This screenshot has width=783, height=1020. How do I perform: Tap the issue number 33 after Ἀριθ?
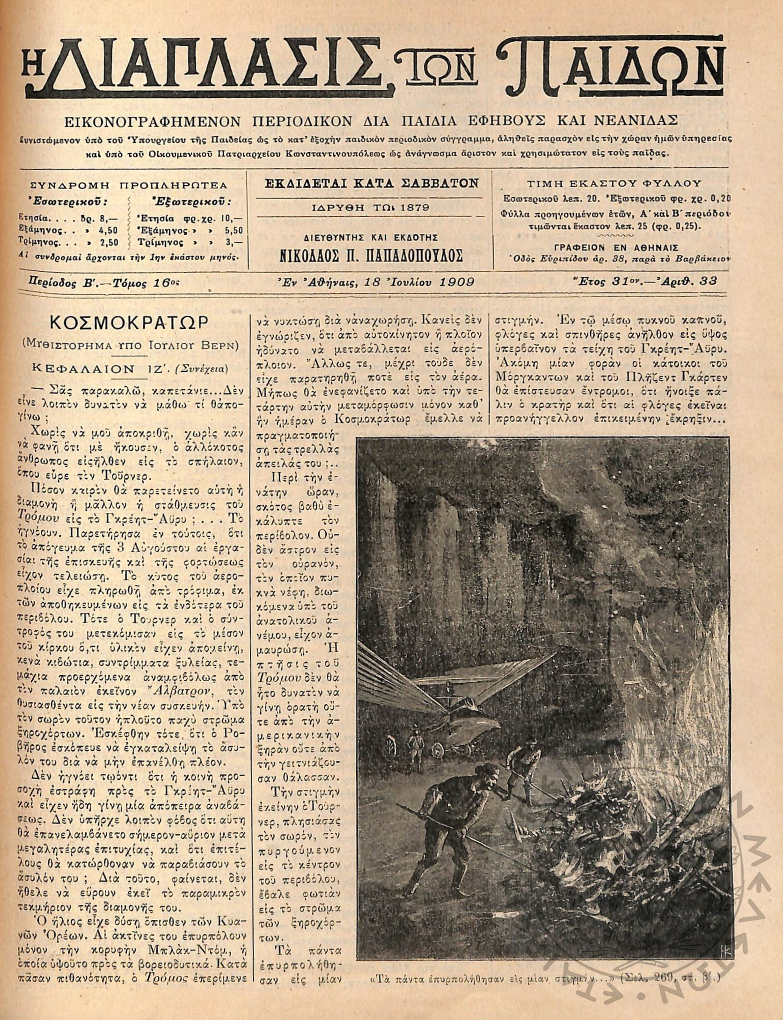pyautogui.click(x=707, y=282)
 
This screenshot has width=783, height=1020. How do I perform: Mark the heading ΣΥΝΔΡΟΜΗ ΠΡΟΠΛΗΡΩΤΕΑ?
pyautogui.click(x=128, y=185)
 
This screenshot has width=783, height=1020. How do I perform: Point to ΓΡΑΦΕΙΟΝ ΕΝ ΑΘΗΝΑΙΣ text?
pyautogui.click(x=615, y=248)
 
